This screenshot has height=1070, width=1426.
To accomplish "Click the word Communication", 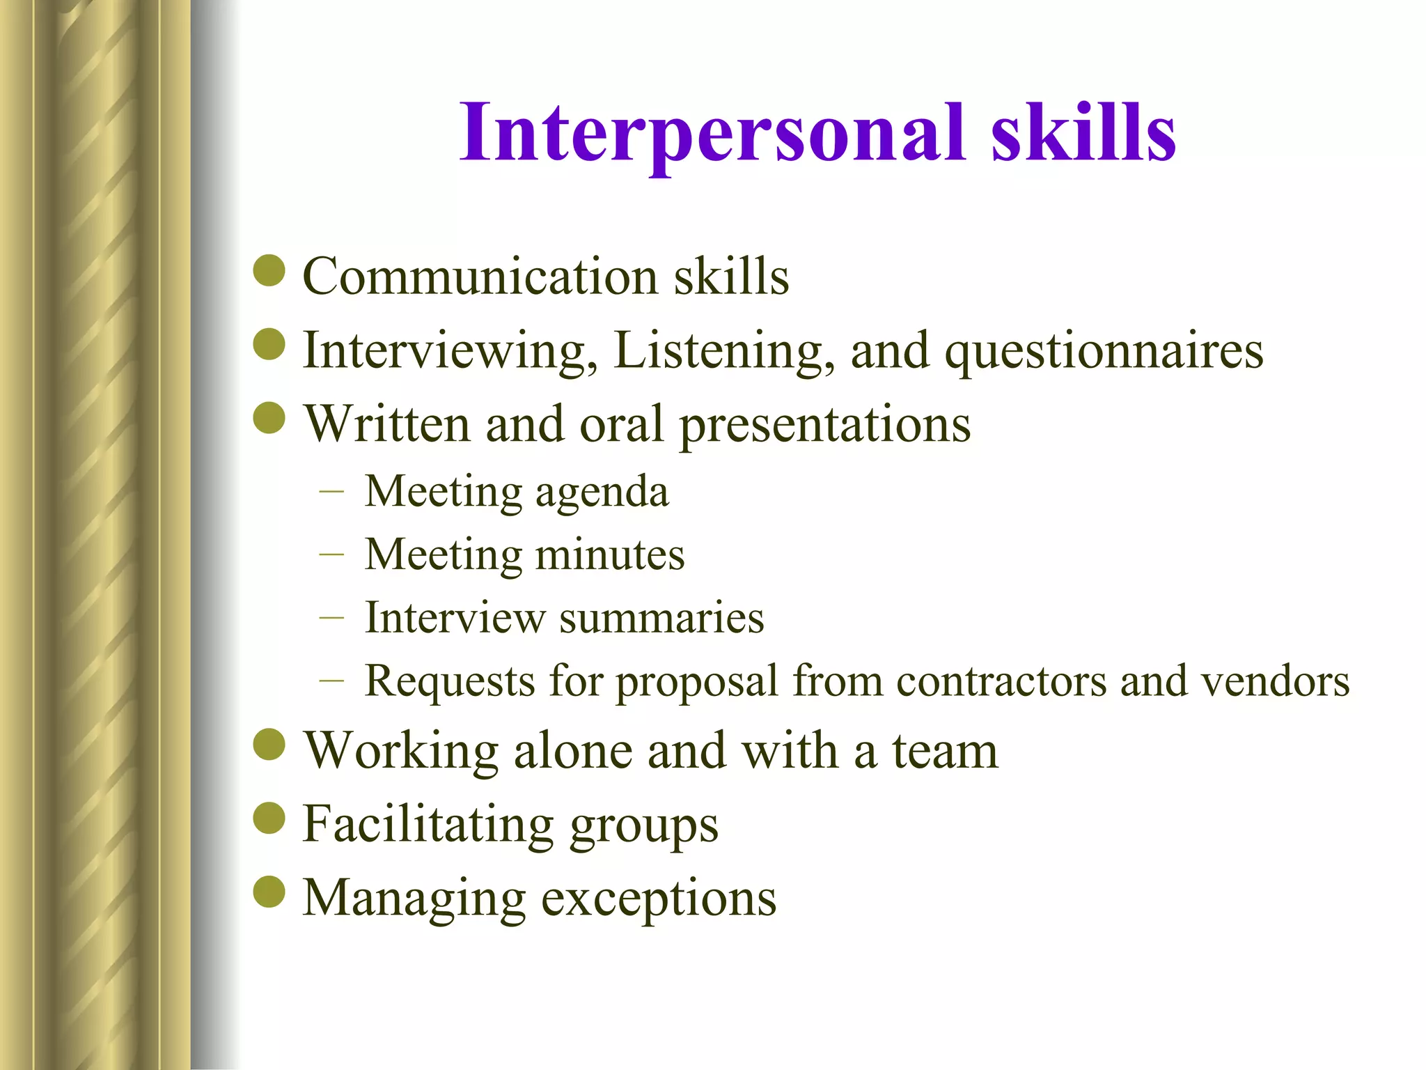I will [x=480, y=277].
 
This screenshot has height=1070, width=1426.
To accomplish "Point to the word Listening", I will [x=724, y=351].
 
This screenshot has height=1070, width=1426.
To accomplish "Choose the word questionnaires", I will [x=1104, y=351].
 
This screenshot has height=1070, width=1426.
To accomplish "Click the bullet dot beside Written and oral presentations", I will [x=269, y=418].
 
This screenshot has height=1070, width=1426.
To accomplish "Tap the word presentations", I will [x=825, y=425].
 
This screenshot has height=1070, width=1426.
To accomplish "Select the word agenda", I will [x=602, y=493].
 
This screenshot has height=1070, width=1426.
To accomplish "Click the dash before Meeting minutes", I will [x=331, y=555].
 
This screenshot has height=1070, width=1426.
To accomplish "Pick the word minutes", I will [x=610, y=555].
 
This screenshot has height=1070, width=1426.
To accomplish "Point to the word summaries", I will [x=661, y=618].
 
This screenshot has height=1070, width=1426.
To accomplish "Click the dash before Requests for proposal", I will [x=331, y=681].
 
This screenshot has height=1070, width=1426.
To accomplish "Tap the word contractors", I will [x=1001, y=681].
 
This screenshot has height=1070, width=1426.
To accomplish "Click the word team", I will [x=946, y=751].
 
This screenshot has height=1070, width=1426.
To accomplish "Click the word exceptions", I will [x=659, y=899].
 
